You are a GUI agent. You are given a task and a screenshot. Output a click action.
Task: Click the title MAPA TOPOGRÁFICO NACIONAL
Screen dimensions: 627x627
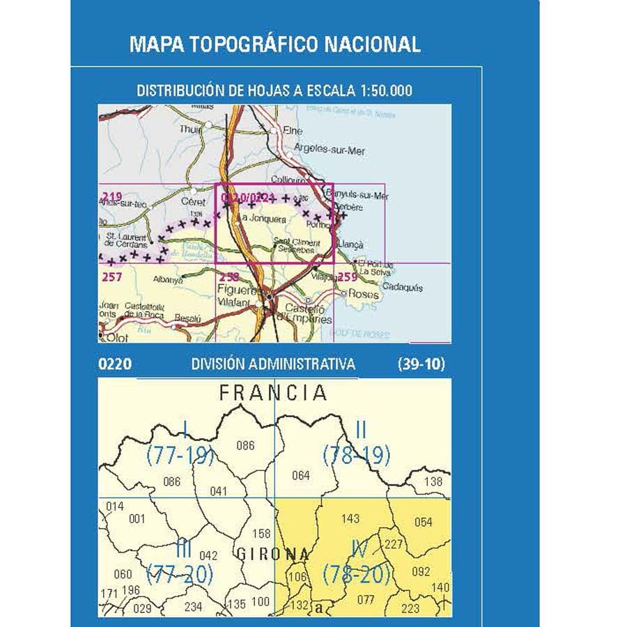(275, 45)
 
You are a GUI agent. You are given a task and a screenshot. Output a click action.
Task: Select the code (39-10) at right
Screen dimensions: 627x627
(421, 364)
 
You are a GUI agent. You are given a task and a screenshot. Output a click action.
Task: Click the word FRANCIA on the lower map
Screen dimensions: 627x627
(273, 393)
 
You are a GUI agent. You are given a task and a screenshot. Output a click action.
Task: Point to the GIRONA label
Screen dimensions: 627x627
(273, 555)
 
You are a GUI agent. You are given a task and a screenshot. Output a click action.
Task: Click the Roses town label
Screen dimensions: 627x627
(364, 295)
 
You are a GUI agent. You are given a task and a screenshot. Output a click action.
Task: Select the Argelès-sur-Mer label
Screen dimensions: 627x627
(329, 150)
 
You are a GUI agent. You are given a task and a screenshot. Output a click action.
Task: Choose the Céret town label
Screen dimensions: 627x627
(192, 201)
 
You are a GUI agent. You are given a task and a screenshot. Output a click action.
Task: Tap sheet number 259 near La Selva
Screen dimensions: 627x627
(348, 277)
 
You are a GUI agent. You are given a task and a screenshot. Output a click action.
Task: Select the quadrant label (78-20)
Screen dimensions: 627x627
(356, 575)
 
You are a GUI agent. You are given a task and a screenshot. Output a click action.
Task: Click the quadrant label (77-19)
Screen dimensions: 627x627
(180, 456)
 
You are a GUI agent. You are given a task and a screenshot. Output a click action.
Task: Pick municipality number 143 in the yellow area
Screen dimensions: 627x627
(351, 518)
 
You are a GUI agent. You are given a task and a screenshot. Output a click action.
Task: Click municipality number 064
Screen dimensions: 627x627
(301, 476)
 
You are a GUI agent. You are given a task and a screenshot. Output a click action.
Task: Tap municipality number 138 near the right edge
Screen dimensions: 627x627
(433, 481)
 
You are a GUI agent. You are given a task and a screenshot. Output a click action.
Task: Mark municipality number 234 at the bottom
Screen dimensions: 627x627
(193, 607)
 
